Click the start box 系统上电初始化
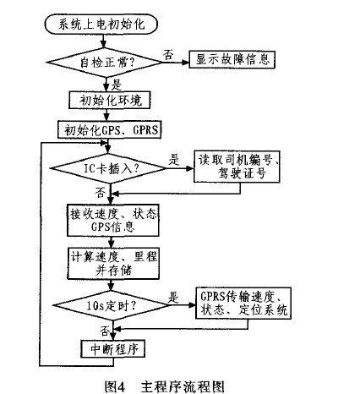pyautogui.click(x=101, y=25)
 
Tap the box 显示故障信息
pyautogui.click(x=232, y=59)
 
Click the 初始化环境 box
pyautogui.click(x=110, y=100)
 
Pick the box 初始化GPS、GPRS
pyautogui.click(x=109, y=129)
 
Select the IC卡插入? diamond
pyautogui.click(x=109, y=168)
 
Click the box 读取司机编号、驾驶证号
pyautogui.click(x=237, y=167)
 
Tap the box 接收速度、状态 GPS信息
pyautogui.click(x=112, y=221)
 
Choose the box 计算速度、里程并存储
pyautogui.click(x=113, y=263)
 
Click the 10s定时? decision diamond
pyautogui.click(x=112, y=305)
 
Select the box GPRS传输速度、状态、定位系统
pyautogui.click(x=243, y=304)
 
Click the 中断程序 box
pyautogui.click(x=113, y=349)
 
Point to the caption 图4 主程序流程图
pyautogui.click(x=165, y=386)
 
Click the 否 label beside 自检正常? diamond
pyautogui.click(x=168, y=54)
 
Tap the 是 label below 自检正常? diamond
pyautogui.click(x=117, y=85)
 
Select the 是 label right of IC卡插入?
pyautogui.click(x=174, y=160)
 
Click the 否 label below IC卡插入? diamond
pyautogui.click(x=100, y=193)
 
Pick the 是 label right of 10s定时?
pyautogui.click(x=173, y=298)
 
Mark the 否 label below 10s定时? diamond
pyautogui.click(x=105, y=331)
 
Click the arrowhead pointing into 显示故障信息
pyautogui.click(x=185, y=63)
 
